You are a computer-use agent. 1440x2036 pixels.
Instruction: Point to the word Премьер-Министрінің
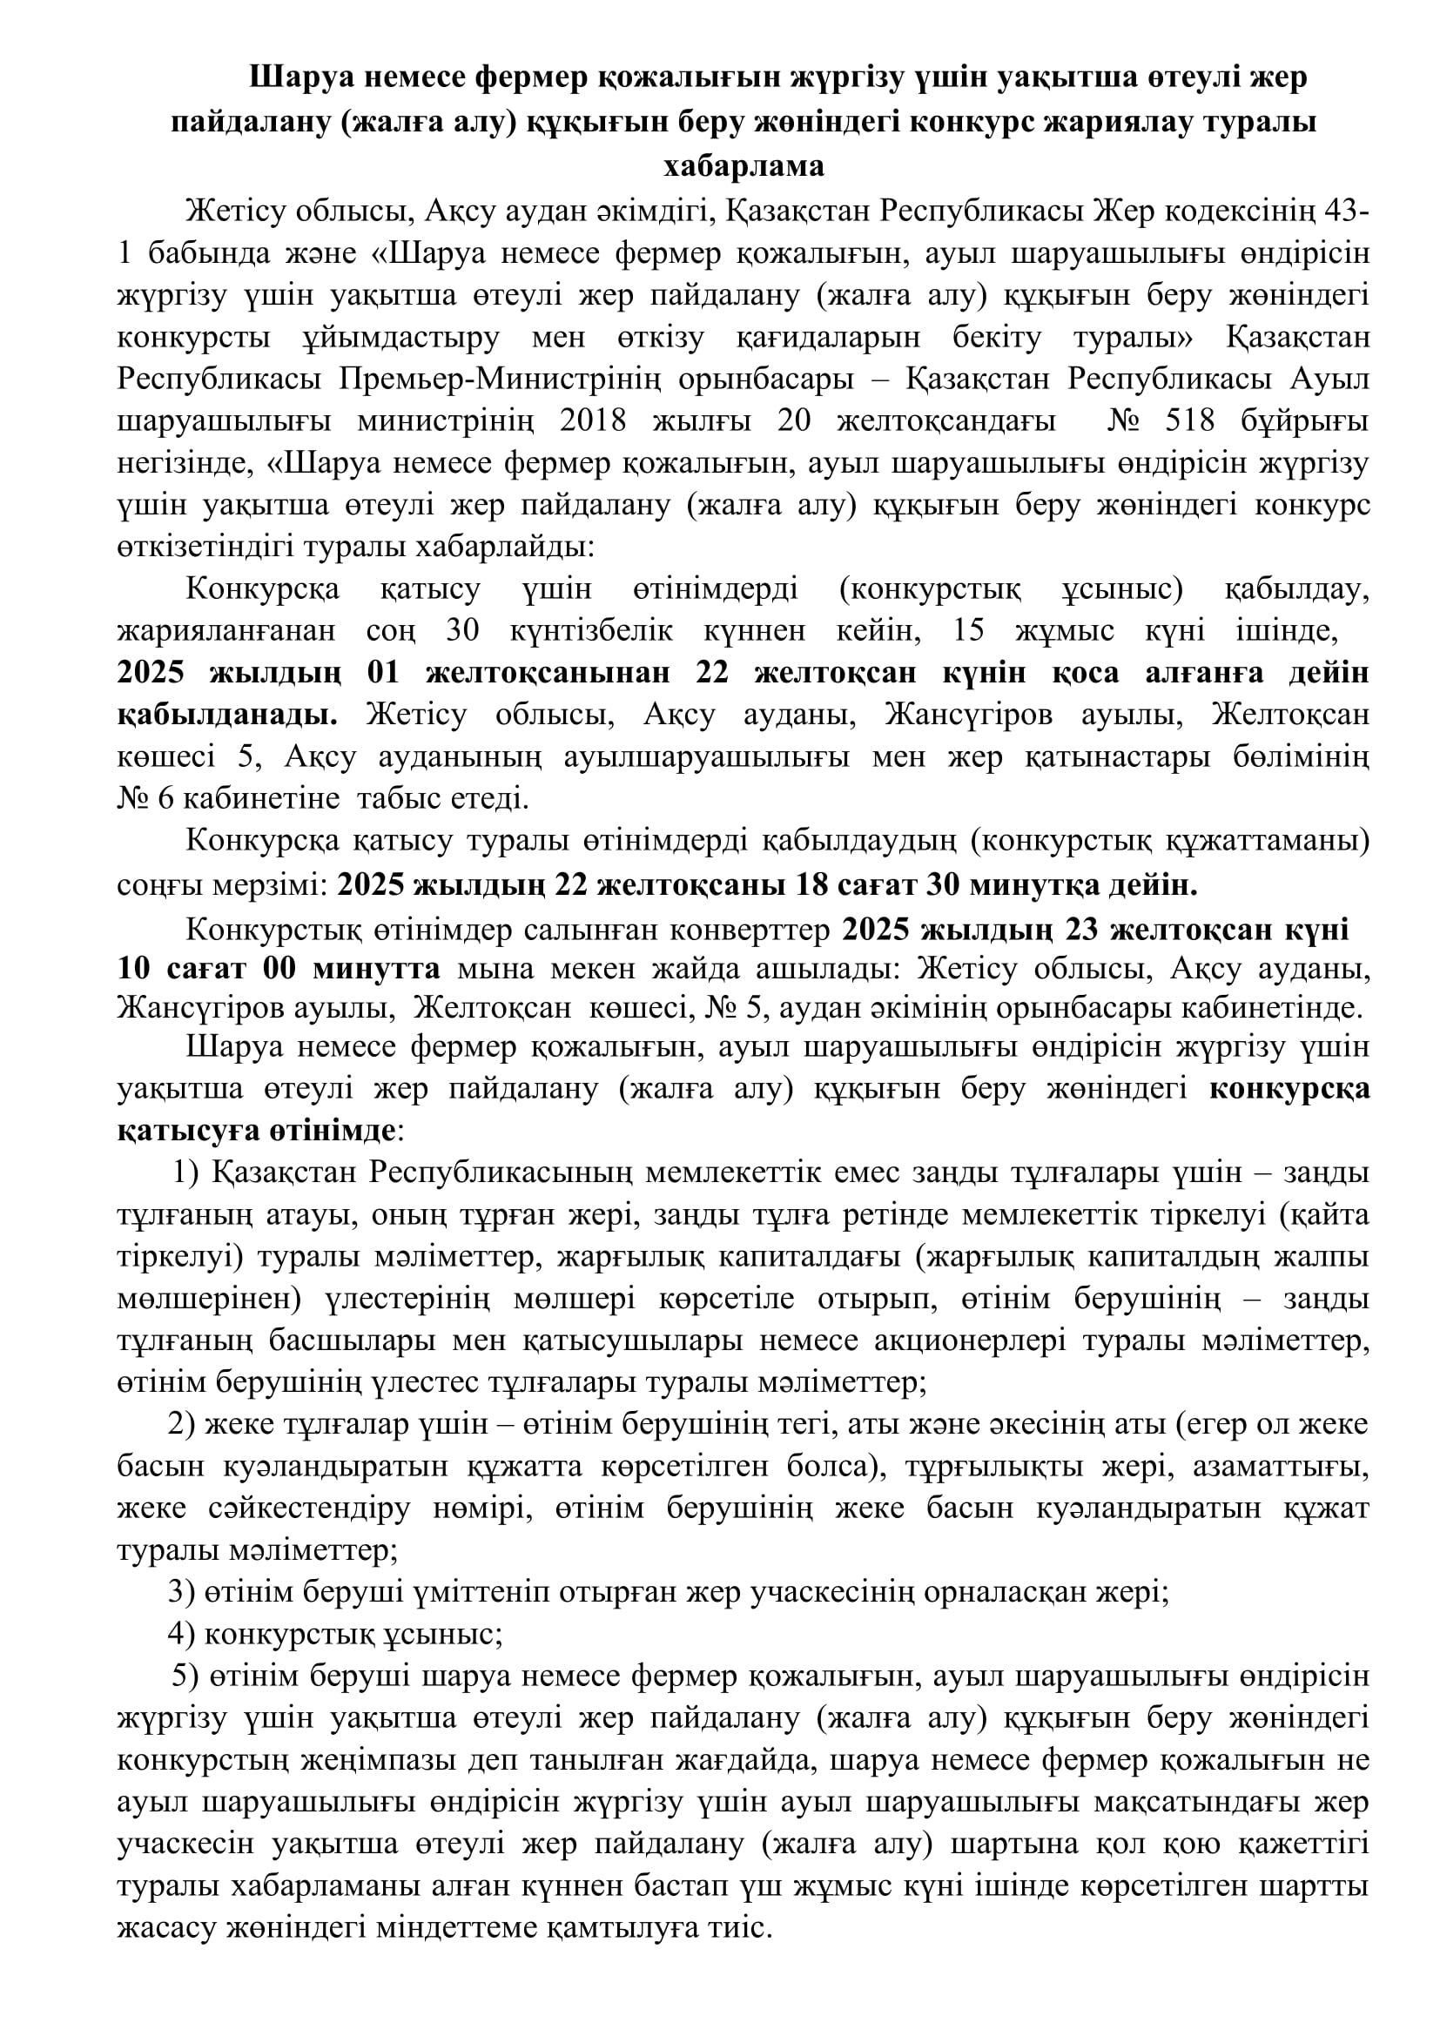click(x=500, y=379)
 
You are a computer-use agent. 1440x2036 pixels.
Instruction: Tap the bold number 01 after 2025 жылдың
click(x=383, y=673)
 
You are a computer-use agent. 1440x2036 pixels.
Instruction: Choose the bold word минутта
click(x=376, y=968)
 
